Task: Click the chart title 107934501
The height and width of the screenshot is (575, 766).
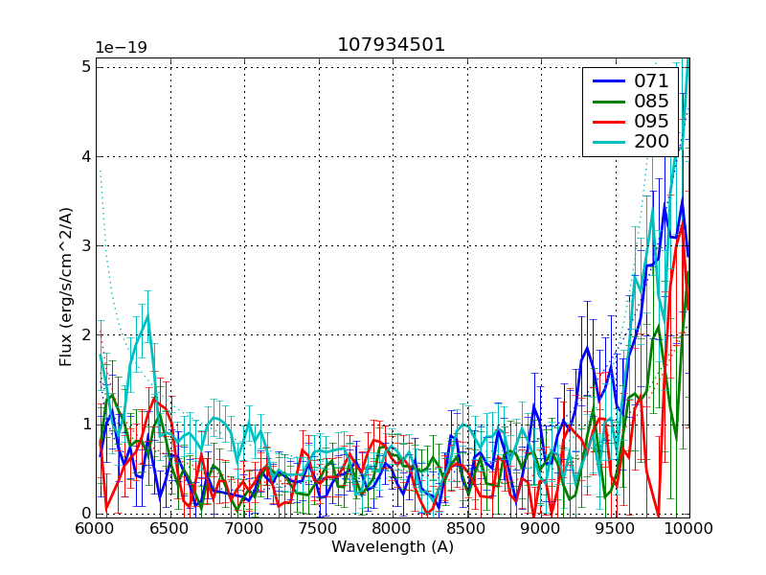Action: [391, 45]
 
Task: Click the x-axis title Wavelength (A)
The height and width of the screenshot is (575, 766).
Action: [393, 547]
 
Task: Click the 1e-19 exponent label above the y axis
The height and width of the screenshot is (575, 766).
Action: [122, 48]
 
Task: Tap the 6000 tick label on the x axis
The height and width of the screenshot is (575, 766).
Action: [95, 529]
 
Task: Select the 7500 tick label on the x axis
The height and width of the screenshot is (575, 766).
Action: [318, 529]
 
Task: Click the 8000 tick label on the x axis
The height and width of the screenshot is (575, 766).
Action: [392, 529]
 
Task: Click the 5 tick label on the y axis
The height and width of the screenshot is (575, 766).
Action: [86, 66]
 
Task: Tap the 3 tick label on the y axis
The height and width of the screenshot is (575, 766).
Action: [86, 245]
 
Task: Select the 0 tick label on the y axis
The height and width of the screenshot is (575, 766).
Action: [86, 514]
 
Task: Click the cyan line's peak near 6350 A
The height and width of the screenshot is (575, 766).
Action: [147, 315]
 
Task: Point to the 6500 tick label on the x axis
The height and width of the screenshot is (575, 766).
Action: [169, 529]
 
